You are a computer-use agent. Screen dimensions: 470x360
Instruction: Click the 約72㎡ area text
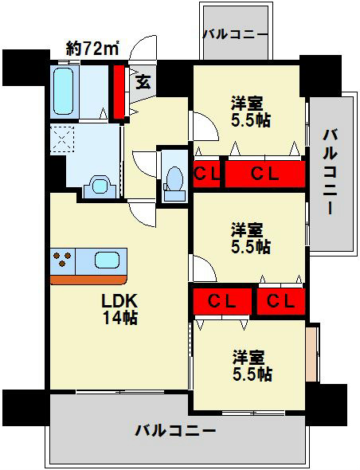tap(92, 49)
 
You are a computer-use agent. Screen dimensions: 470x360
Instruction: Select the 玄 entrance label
tap(143, 80)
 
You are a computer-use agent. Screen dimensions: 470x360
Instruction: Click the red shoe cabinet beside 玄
tap(119, 92)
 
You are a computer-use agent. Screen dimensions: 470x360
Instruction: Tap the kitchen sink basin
tap(108, 260)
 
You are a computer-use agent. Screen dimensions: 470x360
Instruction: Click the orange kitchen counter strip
tap(88, 279)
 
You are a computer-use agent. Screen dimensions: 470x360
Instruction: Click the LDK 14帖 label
tap(119, 310)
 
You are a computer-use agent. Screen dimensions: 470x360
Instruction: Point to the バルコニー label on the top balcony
tap(233, 34)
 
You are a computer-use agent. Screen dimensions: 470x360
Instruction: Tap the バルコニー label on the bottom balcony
tap(174, 431)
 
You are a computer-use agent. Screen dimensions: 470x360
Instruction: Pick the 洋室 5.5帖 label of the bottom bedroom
tap(252, 364)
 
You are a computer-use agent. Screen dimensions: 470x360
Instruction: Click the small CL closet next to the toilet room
tap(206, 174)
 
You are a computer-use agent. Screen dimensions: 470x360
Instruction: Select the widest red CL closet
tap(264, 174)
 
